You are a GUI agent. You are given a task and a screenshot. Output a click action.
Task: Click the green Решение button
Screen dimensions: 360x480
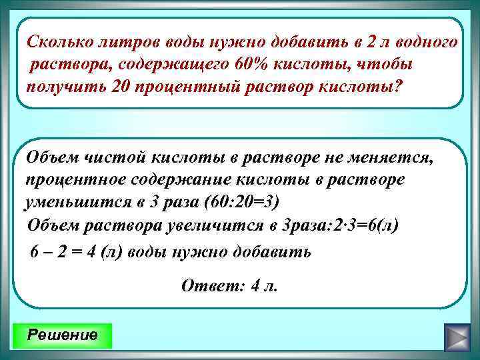pos(62,335)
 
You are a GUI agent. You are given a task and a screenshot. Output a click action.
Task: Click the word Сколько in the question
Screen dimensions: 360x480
pos(58,42)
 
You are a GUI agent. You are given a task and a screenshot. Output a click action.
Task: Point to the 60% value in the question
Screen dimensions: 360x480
pos(251,65)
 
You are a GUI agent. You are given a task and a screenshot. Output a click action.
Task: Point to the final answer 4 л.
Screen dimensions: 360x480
pos(262,286)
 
